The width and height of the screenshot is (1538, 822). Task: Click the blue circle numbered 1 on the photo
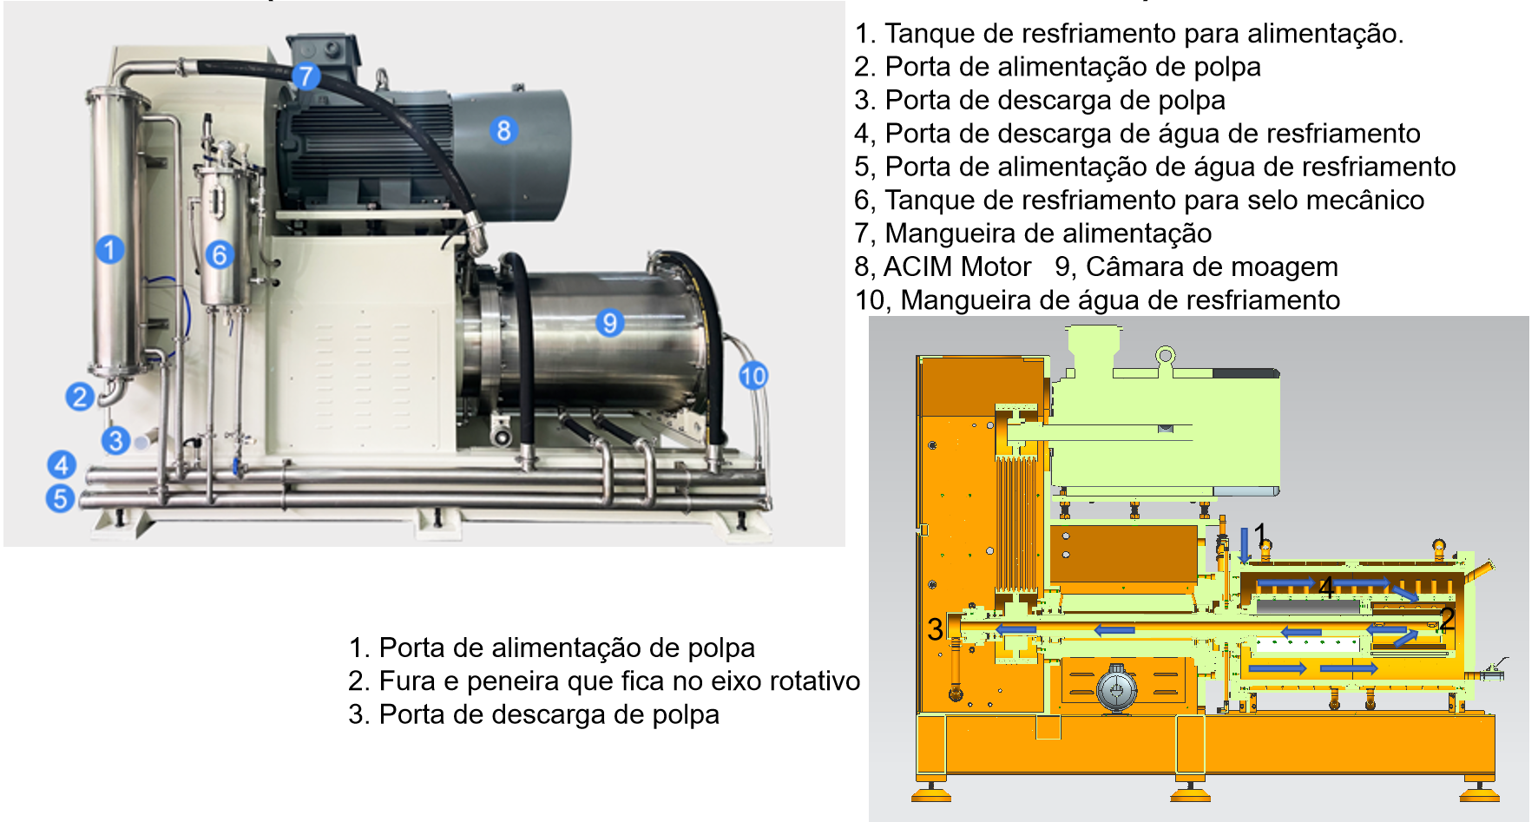[109, 250]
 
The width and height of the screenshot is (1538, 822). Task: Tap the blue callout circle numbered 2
[80, 397]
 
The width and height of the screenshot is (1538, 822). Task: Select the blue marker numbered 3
[115, 440]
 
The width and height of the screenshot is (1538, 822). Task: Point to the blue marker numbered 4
[61, 465]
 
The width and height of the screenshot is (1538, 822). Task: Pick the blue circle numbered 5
[60, 498]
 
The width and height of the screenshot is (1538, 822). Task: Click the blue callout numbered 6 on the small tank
[220, 254]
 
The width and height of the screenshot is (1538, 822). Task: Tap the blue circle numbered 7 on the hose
[306, 76]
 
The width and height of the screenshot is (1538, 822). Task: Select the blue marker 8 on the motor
[503, 130]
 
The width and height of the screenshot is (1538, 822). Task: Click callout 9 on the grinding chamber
[610, 323]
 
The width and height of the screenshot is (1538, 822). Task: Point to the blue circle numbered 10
[753, 376]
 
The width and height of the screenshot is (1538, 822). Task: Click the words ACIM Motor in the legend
[957, 266]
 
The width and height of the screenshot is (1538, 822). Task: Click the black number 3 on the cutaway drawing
[934, 628]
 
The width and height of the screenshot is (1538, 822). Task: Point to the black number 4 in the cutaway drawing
[1326, 587]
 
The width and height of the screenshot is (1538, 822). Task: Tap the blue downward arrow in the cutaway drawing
[1245, 544]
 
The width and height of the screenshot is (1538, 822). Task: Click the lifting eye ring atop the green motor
[1165, 356]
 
